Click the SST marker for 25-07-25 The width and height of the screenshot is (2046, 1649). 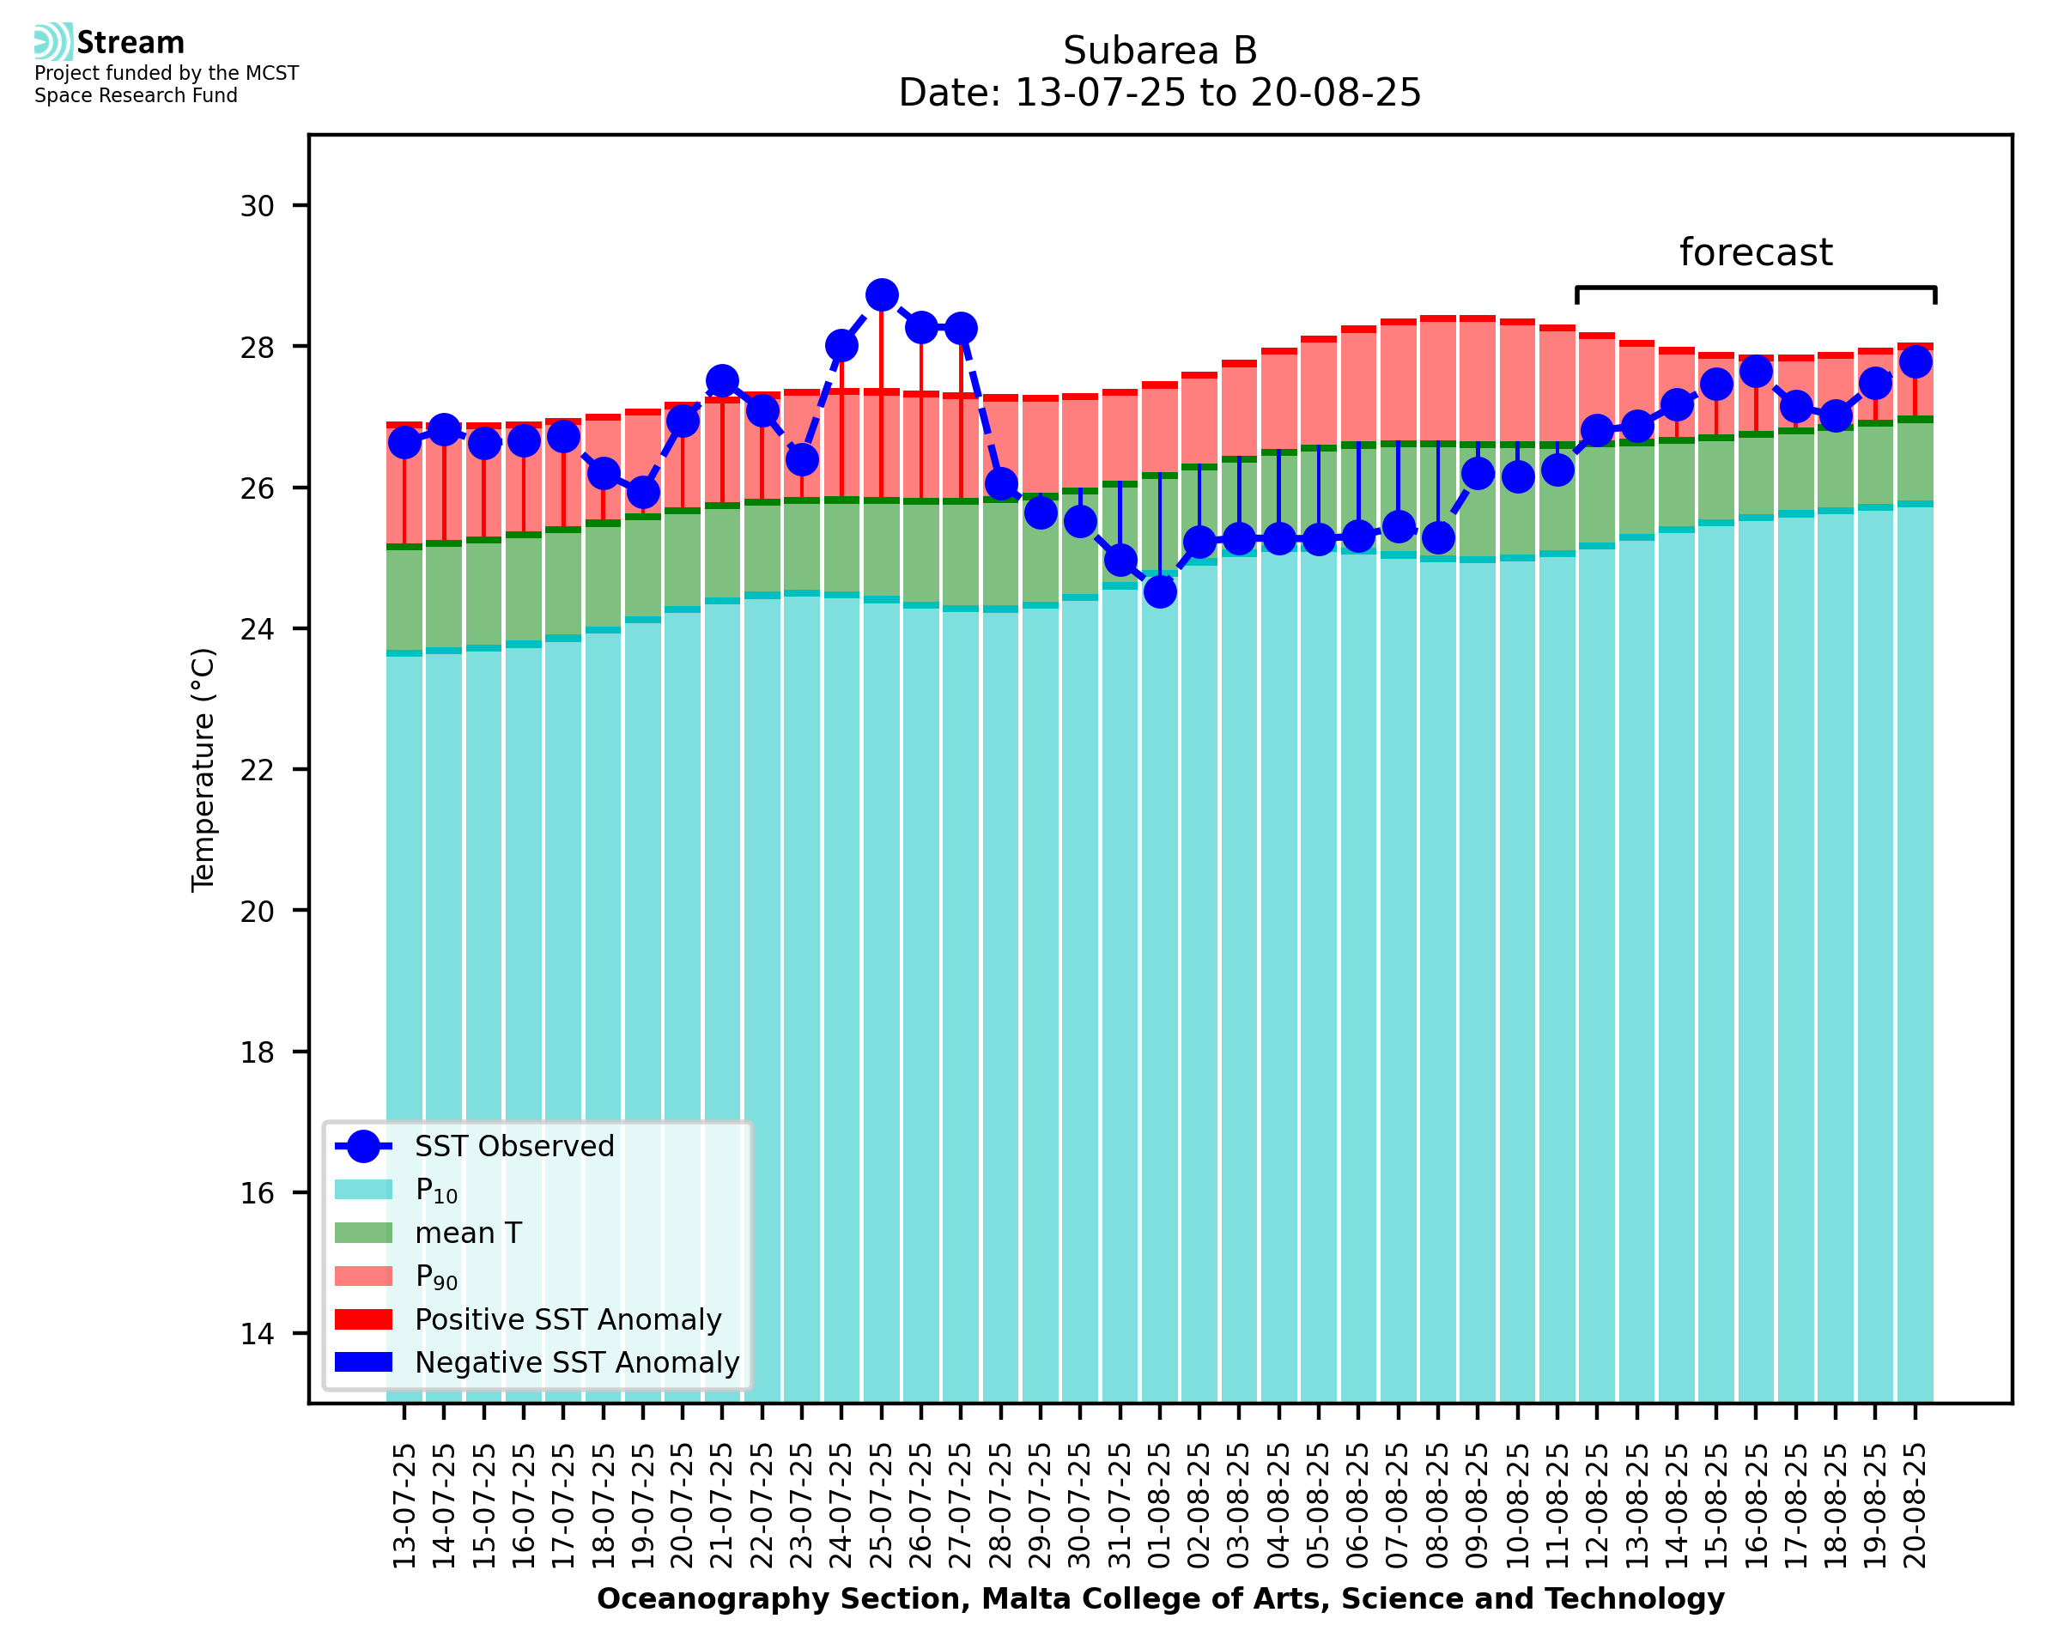coord(882,295)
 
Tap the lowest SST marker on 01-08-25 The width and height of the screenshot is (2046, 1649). coord(1160,591)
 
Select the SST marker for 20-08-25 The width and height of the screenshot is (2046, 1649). coord(1915,362)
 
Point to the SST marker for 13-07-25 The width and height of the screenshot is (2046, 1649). coord(404,443)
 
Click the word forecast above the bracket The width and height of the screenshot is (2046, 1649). coord(1755,252)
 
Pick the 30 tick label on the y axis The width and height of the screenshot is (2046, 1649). coord(257,206)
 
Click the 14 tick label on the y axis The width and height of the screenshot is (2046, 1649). coord(257,1334)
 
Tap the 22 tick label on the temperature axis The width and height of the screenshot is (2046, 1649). coord(257,769)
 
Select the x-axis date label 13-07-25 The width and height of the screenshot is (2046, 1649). coord(404,1506)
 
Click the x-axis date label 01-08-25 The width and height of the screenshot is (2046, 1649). coord(1160,1506)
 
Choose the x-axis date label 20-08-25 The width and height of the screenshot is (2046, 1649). coord(1915,1506)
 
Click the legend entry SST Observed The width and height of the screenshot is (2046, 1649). coord(514,1147)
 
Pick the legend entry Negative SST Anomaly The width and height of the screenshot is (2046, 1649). coord(577,1362)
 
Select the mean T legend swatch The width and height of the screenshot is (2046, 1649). coord(363,1233)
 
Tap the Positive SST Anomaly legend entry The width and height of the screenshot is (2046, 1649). coord(568,1319)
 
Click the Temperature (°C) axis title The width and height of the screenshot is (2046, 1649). coord(203,769)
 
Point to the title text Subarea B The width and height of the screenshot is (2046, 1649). coord(1160,51)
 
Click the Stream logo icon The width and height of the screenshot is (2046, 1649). coord(53,42)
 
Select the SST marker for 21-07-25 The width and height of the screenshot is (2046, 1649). coord(722,381)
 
